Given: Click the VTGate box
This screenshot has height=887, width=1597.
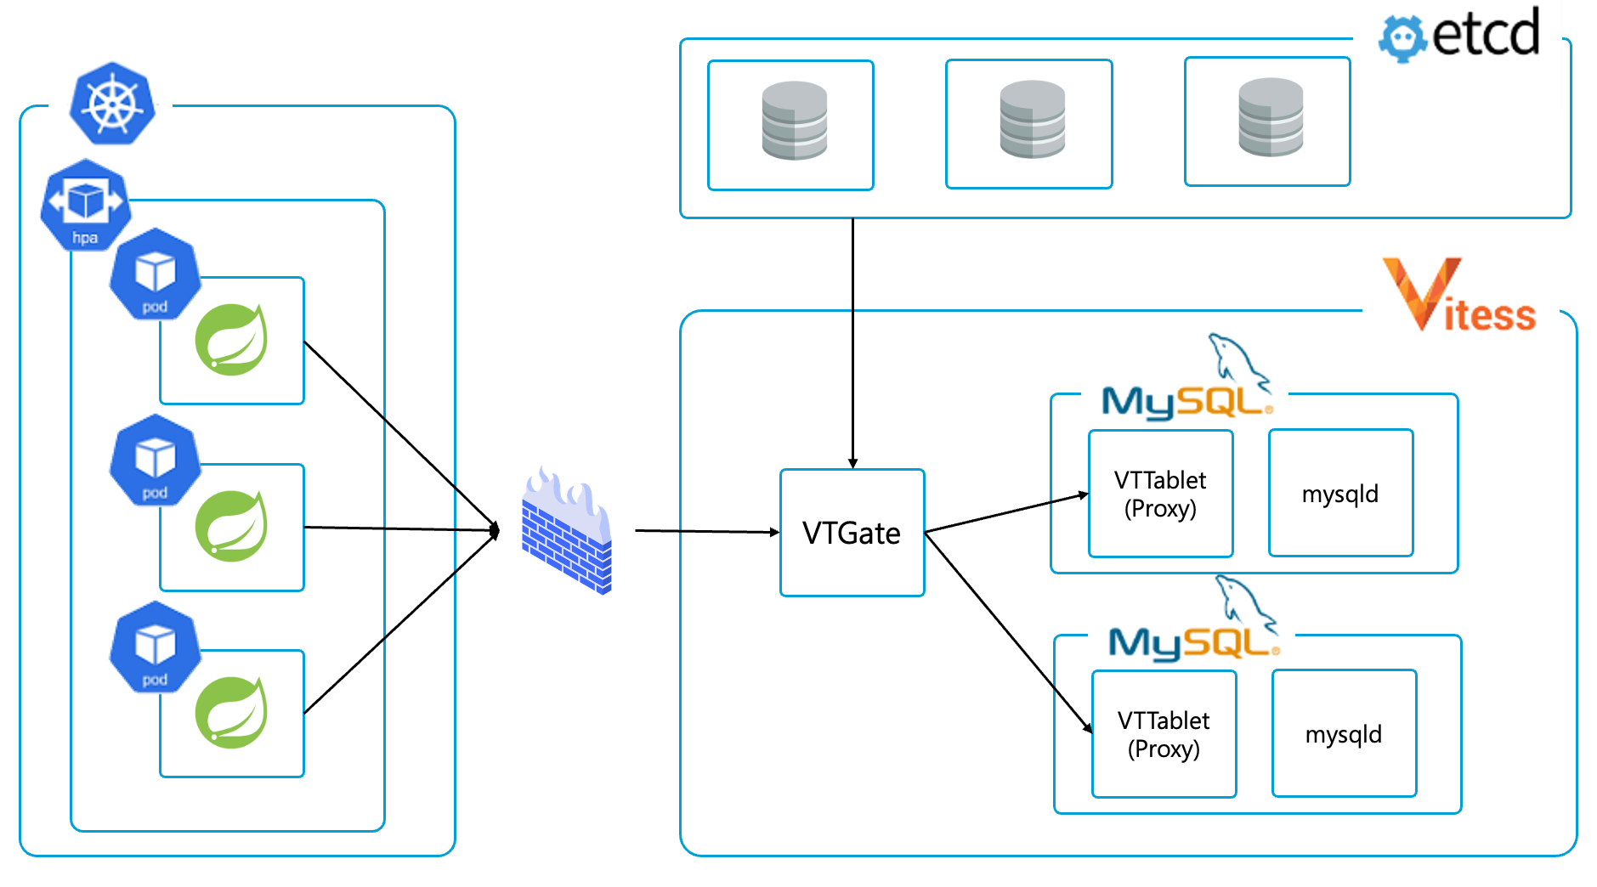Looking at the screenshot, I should point(852,533).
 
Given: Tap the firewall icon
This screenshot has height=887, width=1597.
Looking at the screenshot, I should point(567,531).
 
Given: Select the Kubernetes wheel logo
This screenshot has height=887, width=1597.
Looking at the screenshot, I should point(112,104).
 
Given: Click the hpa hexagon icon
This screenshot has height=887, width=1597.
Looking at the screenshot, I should point(85,205).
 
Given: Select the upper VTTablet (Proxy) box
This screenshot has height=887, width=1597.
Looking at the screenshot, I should point(1160,494).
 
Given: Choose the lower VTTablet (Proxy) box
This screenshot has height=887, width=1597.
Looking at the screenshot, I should point(1164,734).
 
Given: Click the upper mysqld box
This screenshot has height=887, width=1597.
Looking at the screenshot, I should point(1340,494).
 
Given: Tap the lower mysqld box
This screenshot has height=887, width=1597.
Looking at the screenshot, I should point(1344,734).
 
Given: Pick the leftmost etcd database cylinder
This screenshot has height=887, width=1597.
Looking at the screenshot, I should point(794,121).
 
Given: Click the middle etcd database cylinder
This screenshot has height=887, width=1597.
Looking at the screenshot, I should point(1032,119).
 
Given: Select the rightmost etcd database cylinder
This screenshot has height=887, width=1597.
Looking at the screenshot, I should point(1271,117).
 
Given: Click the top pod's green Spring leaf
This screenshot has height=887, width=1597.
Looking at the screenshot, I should point(231,340).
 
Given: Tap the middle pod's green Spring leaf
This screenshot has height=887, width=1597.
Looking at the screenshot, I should point(231,526).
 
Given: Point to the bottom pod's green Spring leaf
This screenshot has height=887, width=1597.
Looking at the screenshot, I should point(231,713).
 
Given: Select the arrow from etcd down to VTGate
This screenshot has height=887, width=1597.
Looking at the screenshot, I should point(852,340).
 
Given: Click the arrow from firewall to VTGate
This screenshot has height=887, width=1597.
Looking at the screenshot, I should point(705,532).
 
